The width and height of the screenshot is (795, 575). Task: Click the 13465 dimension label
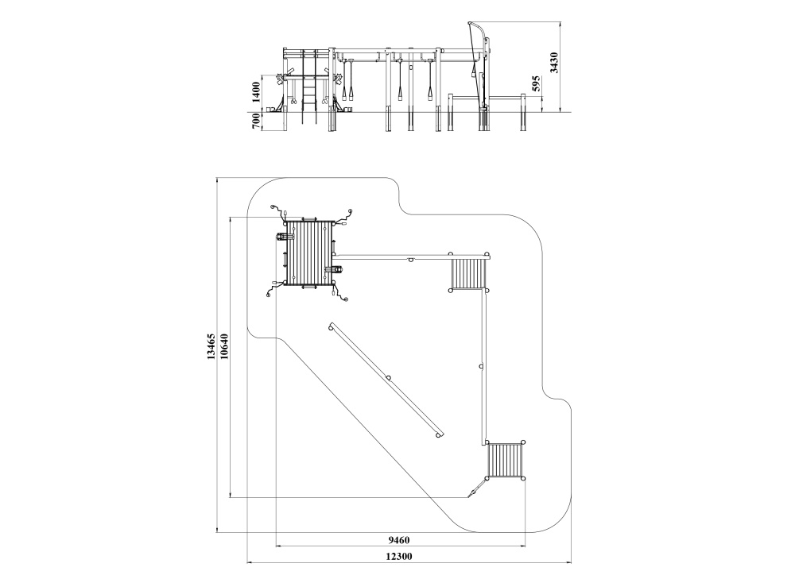pyautogui.click(x=211, y=346)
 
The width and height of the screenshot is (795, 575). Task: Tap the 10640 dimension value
pyautogui.click(x=225, y=346)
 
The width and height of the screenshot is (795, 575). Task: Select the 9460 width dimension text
pyautogui.click(x=399, y=540)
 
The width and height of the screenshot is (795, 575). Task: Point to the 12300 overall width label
pyautogui.click(x=399, y=556)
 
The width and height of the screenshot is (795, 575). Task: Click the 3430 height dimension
pyautogui.click(x=554, y=63)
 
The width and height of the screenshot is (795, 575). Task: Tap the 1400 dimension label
pyautogui.click(x=256, y=91)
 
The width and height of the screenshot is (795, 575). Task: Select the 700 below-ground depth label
pyautogui.click(x=256, y=121)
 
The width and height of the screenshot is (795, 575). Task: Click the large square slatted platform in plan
pyautogui.click(x=309, y=253)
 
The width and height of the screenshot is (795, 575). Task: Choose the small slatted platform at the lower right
pyautogui.click(x=506, y=461)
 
